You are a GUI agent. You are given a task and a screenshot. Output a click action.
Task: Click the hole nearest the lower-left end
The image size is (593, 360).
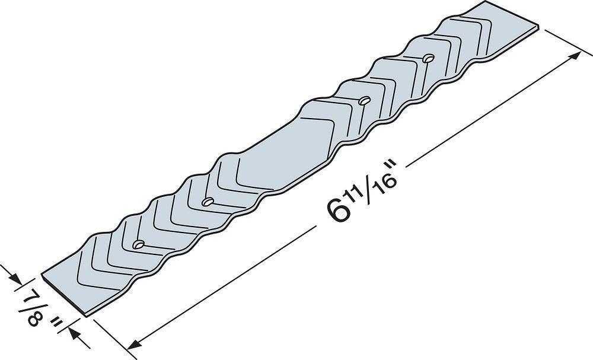click(x=138, y=244)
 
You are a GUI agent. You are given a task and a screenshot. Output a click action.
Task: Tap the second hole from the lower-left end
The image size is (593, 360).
click(x=207, y=202)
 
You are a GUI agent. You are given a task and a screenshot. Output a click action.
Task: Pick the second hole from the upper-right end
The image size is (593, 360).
click(x=364, y=100)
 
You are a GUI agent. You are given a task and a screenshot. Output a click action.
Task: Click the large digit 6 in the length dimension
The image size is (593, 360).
click(x=337, y=209)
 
